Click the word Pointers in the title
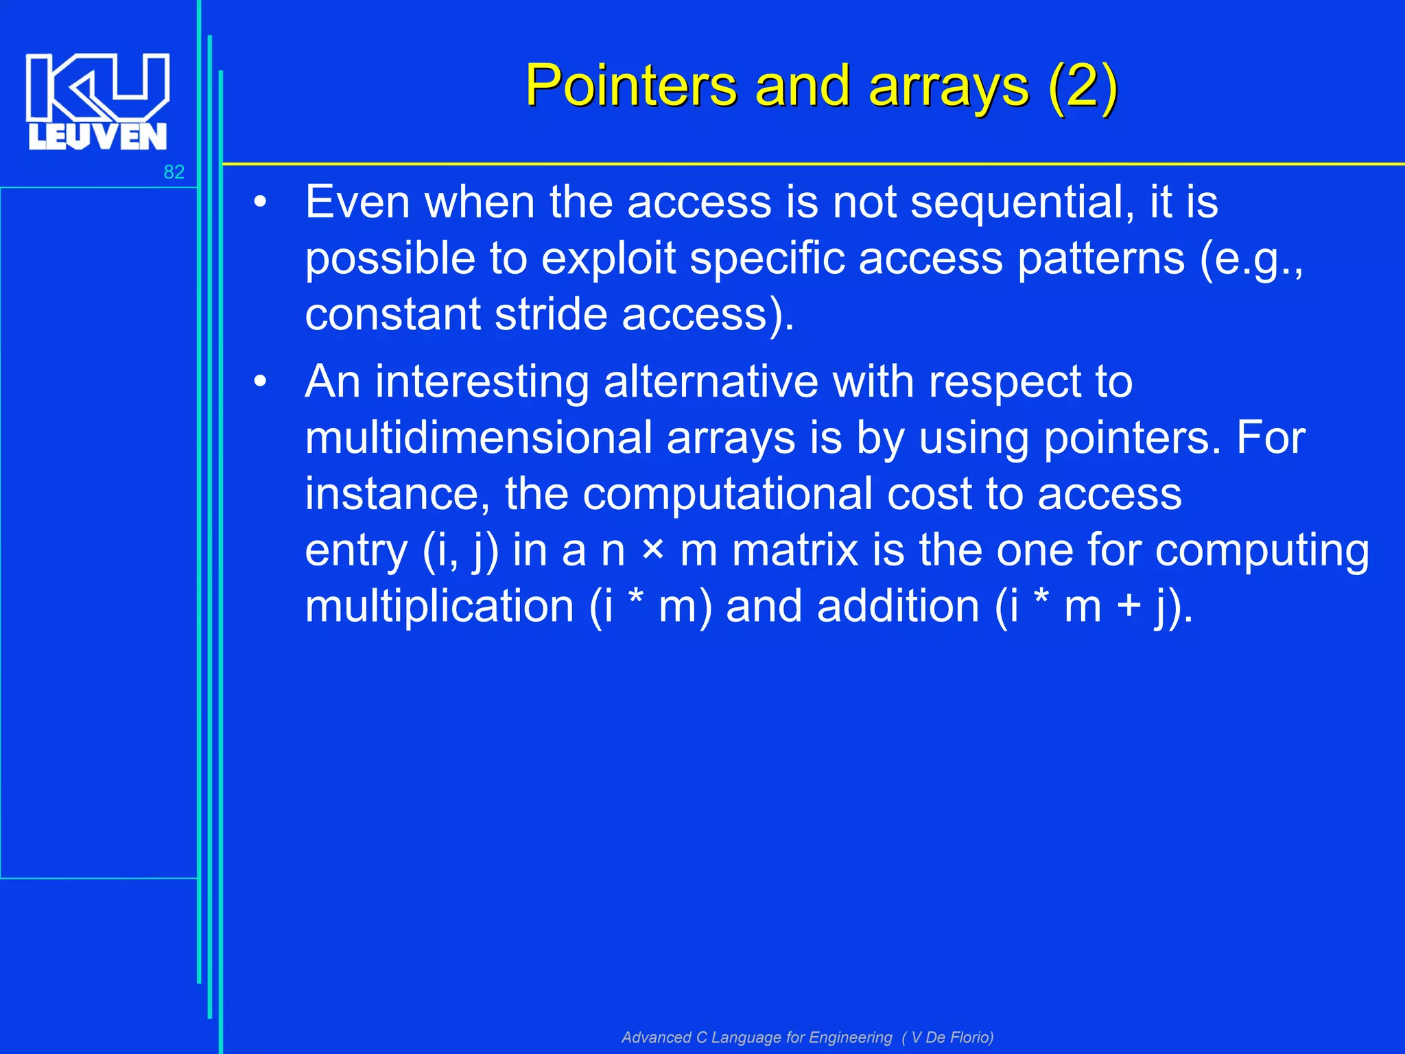tap(630, 86)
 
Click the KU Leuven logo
tap(97, 101)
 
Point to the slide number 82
tap(174, 172)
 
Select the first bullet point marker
tap(259, 203)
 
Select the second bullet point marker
tap(259, 382)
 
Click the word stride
tap(551, 315)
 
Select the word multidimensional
tap(478, 438)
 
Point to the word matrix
tap(794, 551)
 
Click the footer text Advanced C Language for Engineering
tap(756, 1037)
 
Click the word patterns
tap(1100, 259)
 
